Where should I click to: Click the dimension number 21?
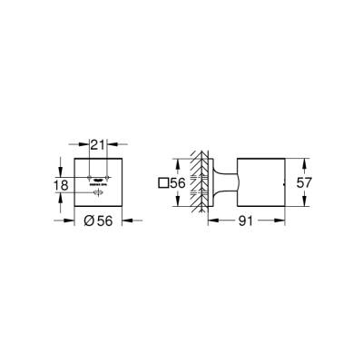click(97, 143)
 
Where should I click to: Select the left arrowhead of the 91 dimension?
click(211, 219)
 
